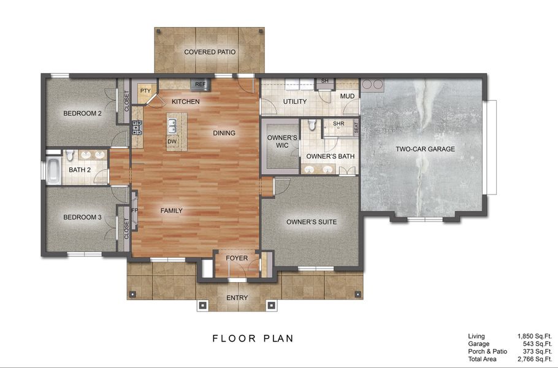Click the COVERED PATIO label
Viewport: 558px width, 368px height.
[x=210, y=52]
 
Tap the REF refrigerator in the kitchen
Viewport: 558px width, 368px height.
[x=200, y=84]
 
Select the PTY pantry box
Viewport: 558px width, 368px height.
[x=145, y=91]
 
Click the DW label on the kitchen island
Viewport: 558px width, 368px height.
[x=172, y=141]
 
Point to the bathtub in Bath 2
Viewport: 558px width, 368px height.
[x=54, y=171]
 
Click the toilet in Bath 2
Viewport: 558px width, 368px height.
[x=70, y=154]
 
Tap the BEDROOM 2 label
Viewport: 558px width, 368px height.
[x=82, y=113]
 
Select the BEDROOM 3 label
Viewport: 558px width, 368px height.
[x=82, y=217]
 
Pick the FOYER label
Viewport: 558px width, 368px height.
[x=237, y=258]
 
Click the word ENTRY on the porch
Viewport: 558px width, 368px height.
[x=237, y=298]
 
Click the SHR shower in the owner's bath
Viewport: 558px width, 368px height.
[x=338, y=124]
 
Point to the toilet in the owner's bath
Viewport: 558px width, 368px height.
[x=312, y=126]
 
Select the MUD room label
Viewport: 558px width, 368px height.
[x=347, y=96]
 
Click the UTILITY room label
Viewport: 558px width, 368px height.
[x=294, y=101]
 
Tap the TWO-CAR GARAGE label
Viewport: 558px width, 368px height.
[x=425, y=149]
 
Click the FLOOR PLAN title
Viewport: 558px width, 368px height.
[x=253, y=338]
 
